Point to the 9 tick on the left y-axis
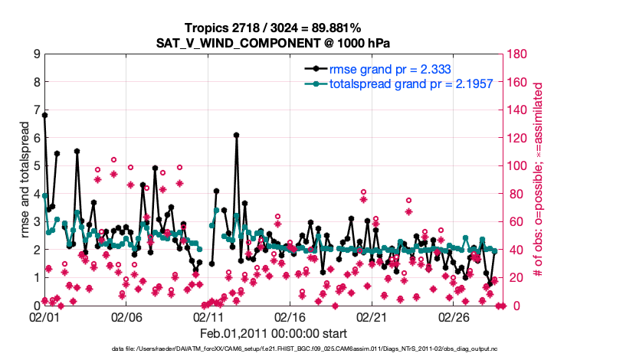(36, 54)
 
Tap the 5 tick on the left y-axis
(36, 165)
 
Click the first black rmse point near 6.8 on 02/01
(45, 116)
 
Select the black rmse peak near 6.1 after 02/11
(237, 135)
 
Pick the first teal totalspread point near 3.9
(45, 196)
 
